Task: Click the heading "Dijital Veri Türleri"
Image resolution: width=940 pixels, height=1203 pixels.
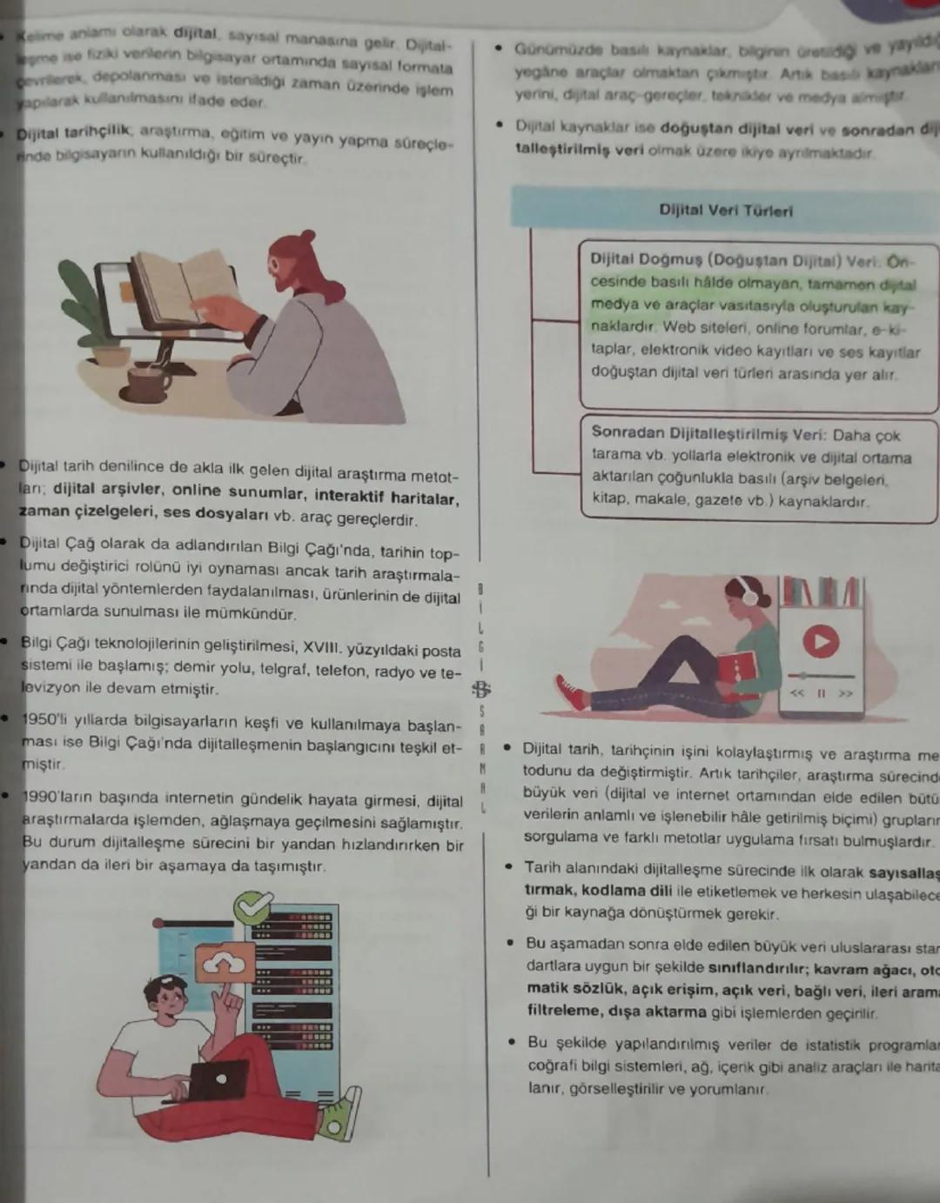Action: (x=725, y=211)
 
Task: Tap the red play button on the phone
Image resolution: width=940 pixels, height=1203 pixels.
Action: (x=819, y=642)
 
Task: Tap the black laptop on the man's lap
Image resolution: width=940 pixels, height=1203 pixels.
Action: (x=218, y=1079)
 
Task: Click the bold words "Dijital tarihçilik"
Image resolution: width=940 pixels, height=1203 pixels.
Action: (x=75, y=132)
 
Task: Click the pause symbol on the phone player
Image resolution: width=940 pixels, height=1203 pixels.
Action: (x=820, y=693)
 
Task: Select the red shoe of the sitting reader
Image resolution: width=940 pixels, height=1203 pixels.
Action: (x=570, y=692)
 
